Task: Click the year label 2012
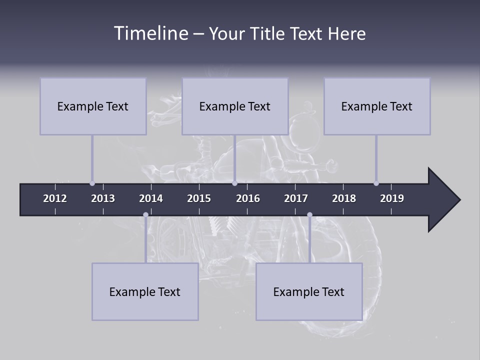click(55, 198)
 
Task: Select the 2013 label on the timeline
click(103, 198)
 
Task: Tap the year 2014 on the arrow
click(151, 198)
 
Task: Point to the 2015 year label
click(199, 198)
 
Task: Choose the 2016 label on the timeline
click(248, 198)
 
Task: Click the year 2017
click(296, 198)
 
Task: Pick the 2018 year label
click(344, 198)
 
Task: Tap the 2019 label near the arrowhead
click(392, 198)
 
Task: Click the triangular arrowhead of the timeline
click(443, 200)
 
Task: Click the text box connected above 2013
click(93, 106)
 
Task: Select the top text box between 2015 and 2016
click(235, 106)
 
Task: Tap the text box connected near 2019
click(377, 106)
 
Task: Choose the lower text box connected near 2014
click(145, 291)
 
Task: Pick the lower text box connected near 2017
click(309, 291)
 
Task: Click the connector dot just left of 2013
click(92, 183)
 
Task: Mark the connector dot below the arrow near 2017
click(309, 215)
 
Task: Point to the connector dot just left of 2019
click(376, 183)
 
